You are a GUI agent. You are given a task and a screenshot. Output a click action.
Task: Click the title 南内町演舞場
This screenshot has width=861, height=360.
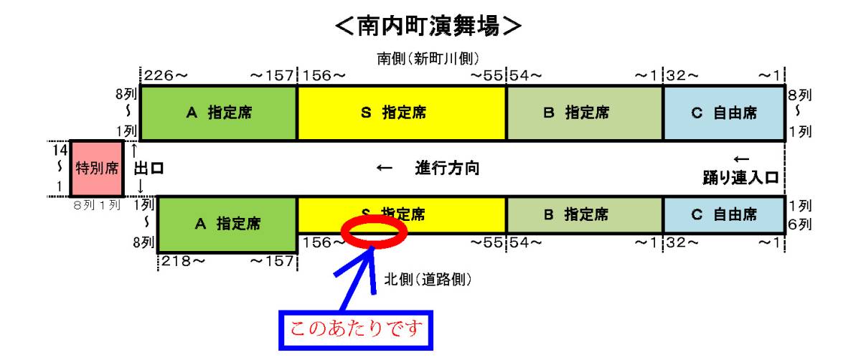(428, 26)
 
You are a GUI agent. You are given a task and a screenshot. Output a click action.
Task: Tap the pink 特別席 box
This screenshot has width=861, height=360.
(97, 169)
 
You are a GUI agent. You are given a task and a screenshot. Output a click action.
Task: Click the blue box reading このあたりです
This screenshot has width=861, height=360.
(356, 330)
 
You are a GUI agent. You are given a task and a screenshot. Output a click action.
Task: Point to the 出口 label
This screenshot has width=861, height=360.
(149, 169)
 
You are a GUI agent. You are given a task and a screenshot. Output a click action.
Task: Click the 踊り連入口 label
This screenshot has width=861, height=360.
(740, 178)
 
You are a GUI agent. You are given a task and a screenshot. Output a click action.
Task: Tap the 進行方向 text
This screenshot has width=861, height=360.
(447, 169)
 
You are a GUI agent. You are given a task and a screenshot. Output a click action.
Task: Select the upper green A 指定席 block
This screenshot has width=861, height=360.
(218, 113)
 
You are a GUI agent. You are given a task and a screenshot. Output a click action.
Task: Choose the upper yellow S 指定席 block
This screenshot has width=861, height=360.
(402, 113)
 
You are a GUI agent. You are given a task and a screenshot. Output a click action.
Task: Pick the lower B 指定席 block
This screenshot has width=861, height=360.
(585, 214)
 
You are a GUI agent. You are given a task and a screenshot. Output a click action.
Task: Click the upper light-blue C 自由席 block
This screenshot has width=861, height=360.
(724, 113)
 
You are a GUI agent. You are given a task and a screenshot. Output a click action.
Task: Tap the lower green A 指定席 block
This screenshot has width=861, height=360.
(227, 224)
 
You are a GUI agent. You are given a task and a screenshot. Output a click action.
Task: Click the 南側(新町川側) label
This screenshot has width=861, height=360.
(428, 59)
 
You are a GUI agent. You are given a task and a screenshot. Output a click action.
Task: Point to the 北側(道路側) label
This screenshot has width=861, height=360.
(428, 279)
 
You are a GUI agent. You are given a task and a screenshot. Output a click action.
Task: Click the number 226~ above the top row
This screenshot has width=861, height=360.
(166, 76)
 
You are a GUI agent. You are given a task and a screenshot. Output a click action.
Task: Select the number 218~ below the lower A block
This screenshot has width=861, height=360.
(184, 261)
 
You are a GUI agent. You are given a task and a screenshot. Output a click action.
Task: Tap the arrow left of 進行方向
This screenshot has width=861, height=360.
(384, 168)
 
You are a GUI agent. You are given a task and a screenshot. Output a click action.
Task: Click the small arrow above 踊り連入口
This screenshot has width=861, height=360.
(741, 159)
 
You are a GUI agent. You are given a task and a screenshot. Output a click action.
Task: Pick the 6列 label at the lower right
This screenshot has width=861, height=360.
(800, 224)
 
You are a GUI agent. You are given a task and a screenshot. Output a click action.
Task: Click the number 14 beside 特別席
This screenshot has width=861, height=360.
(60, 150)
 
